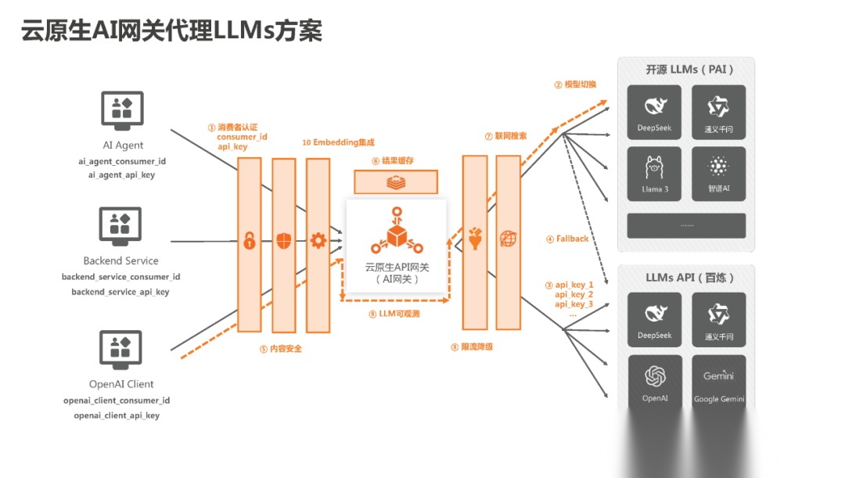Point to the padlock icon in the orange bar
249,240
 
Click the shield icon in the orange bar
283,240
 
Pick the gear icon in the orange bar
318,240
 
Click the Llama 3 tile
654,174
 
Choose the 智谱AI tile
718,174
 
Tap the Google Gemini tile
718,382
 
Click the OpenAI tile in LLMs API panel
654,382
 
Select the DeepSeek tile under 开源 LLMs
654,113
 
